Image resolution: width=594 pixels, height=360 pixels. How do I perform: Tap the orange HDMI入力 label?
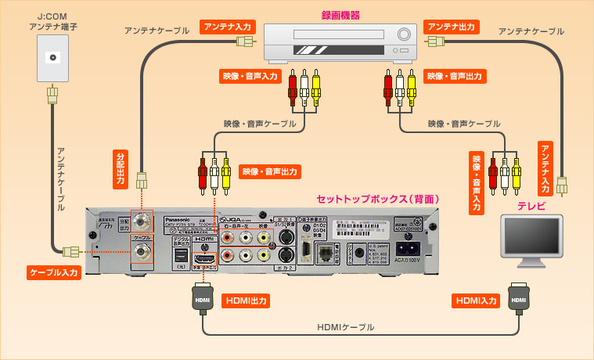click(x=476, y=300)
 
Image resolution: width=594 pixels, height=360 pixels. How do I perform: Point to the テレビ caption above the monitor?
click(x=531, y=206)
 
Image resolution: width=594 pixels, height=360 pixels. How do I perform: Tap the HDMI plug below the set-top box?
click(x=203, y=299)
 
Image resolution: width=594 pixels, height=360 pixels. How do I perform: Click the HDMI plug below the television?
click(x=517, y=299)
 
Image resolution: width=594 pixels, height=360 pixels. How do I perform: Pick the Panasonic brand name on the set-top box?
click(x=161, y=218)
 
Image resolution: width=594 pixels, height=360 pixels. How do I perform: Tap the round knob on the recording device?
click(x=405, y=35)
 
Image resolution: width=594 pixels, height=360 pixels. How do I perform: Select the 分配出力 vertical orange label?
click(x=121, y=167)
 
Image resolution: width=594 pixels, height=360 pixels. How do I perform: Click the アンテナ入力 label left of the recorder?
click(x=228, y=27)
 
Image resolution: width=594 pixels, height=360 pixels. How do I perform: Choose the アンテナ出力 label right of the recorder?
click(x=452, y=27)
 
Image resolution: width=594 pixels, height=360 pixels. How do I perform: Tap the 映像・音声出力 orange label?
click(x=270, y=171)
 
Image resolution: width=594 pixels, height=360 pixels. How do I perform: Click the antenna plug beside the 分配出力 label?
click(x=142, y=180)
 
